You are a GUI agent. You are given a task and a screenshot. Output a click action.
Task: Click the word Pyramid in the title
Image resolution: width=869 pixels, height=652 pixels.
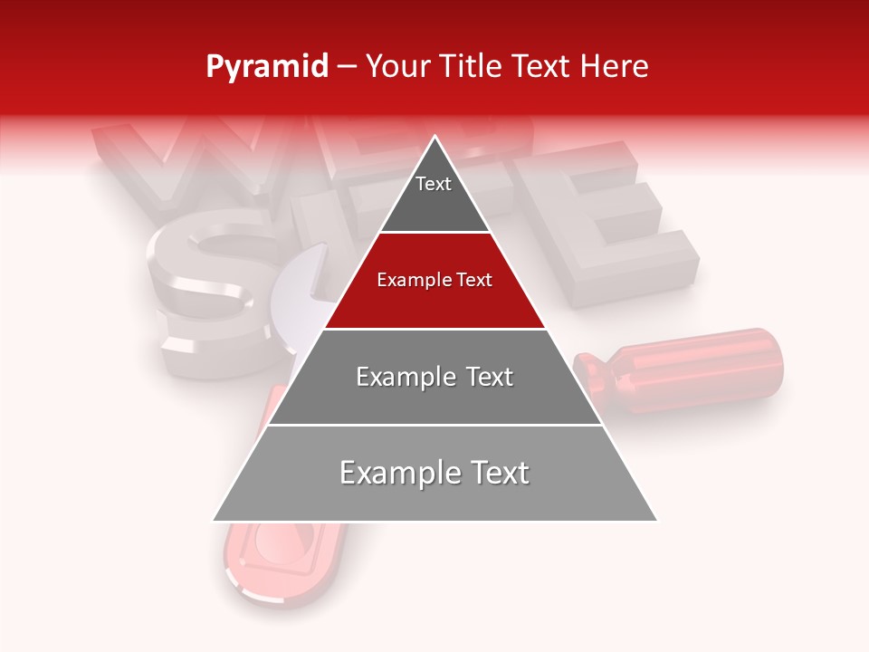tap(266, 67)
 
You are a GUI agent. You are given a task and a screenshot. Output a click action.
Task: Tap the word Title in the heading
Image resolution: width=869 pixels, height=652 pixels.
tap(474, 66)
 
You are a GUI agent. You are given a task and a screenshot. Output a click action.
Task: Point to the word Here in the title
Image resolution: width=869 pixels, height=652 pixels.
tap(616, 66)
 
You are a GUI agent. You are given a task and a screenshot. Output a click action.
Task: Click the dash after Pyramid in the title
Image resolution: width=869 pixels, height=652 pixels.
tap(347, 68)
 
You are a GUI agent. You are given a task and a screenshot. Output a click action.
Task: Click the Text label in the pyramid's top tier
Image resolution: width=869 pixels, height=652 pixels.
tap(434, 184)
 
